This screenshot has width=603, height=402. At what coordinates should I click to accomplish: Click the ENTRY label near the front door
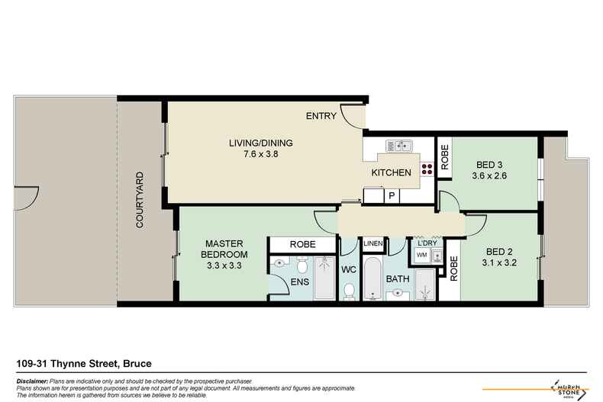320,117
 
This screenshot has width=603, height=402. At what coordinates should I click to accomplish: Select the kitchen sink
399,145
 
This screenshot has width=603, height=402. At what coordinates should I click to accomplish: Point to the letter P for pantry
392,196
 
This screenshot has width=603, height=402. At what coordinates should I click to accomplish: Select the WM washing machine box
421,255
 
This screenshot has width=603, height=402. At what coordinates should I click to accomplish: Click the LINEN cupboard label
373,244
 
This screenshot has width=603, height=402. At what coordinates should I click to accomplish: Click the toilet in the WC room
349,291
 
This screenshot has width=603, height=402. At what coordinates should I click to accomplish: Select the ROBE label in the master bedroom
301,245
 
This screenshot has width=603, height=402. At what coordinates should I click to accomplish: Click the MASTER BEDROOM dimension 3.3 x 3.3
224,266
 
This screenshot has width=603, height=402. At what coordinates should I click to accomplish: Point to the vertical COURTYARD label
140,201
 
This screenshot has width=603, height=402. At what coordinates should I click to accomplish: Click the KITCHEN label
391,173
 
